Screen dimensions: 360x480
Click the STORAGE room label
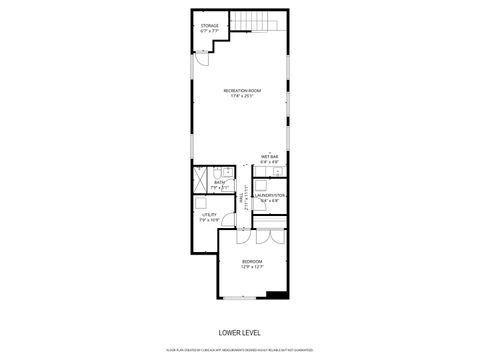(x=209, y=25)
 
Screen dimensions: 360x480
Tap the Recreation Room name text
(x=241, y=92)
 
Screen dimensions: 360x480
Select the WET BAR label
(x=270, y=156)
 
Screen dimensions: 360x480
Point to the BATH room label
(x=220, y=182)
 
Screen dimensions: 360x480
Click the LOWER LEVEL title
(x=239, y=331)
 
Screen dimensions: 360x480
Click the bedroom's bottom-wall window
(x=240, y=299)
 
